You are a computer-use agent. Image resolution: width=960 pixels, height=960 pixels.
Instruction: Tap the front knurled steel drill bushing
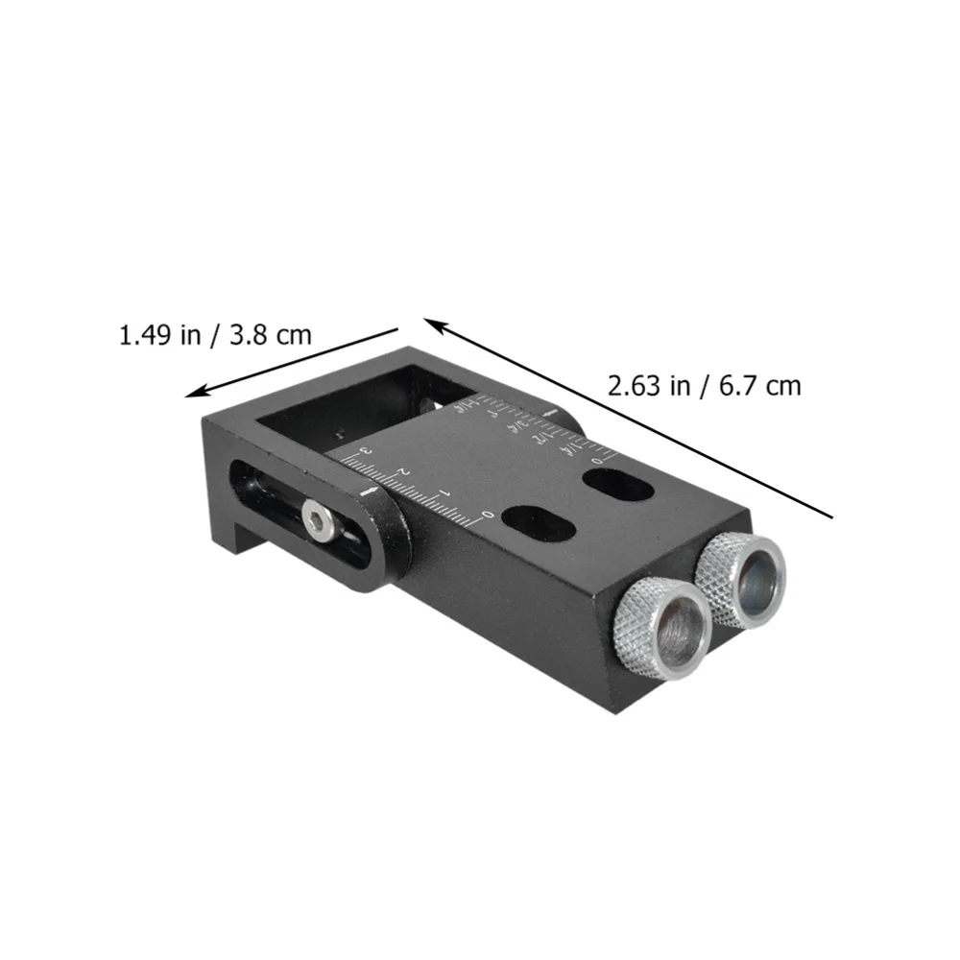pyautogui.click(x=661, y=630)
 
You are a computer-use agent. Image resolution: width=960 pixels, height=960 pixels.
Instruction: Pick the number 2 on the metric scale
pyautogui.click(x=401, y=471)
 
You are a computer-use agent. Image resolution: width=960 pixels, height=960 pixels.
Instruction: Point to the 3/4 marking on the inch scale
pyautogui.click(x=520, y=420)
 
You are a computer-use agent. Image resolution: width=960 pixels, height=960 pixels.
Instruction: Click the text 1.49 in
pyautogui.click(x=159, y=336)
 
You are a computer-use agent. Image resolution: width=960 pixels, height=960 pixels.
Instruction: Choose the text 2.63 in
pyautogui.click(x=649, y=387)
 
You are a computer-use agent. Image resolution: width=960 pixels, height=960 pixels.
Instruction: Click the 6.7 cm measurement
pyautogui.click(x=756, y=387)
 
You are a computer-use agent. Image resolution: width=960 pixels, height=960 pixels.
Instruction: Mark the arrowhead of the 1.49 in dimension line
pyautogui.click(x=192, y=393)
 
